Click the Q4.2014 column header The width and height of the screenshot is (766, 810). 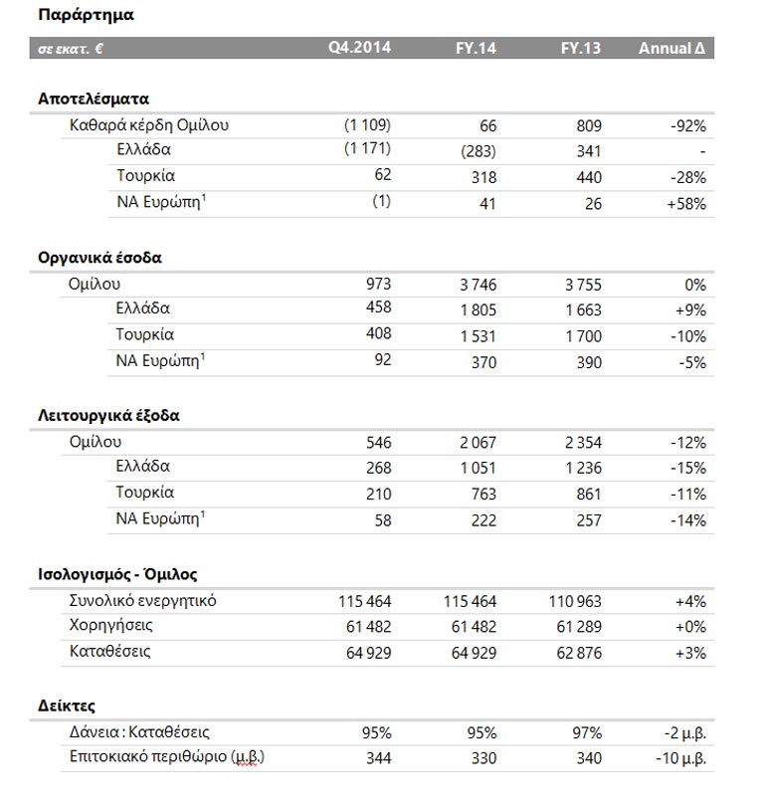point(360,48)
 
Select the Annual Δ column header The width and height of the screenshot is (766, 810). point(671,48)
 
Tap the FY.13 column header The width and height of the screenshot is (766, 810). point(581,48)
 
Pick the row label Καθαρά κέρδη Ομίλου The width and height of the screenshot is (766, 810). point(149,125)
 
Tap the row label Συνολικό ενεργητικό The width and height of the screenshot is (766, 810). point(143,601)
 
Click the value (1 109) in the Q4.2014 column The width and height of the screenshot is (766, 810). point(368,125)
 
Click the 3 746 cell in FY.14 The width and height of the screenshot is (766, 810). point(478,285)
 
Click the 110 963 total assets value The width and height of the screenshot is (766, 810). point(575,601)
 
